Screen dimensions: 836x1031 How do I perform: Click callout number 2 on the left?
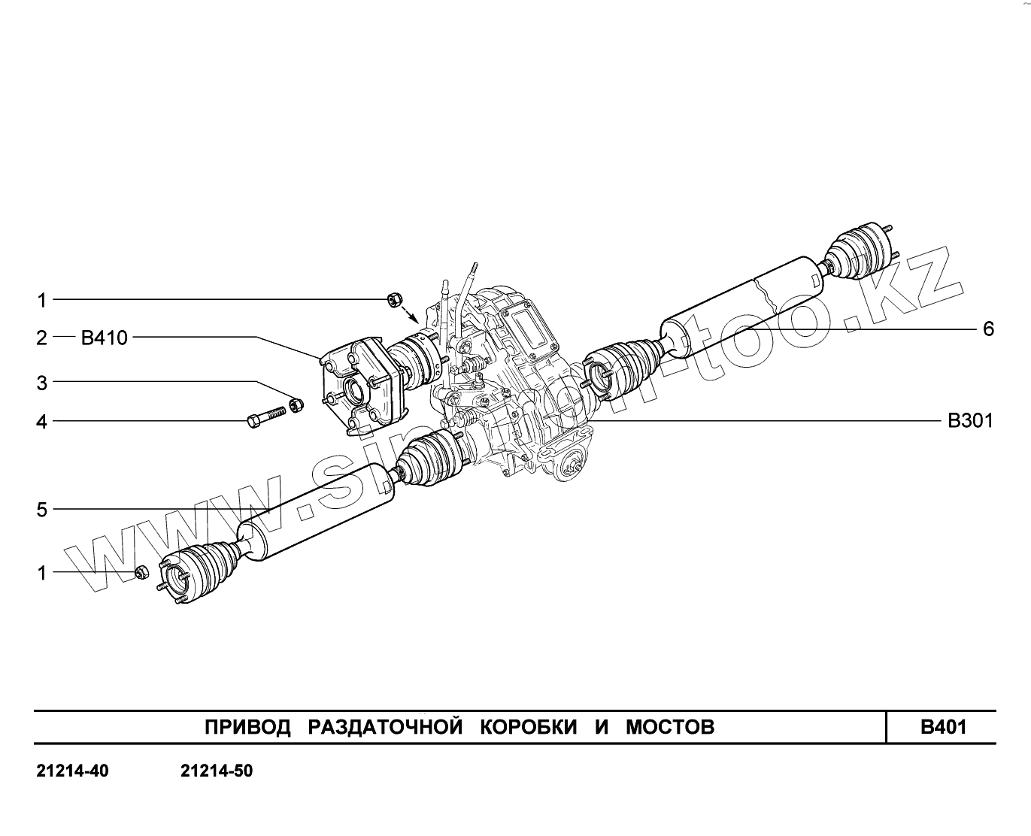pyautogui.click(x=42, y=338)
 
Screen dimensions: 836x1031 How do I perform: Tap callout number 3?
pyautogui.click(x=42, y=383)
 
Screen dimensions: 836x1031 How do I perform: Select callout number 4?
pyautogui.click(x=42, y=422)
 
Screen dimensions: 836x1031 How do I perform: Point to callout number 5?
pyautogui.click(x=42, y=510)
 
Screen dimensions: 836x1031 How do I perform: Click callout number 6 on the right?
pyautogui.click(x=988, y=329)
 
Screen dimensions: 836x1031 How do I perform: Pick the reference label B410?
pyautogui.click(x=104, y=338)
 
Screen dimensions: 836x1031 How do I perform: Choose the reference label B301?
pyautogui.click(x=970, y=421)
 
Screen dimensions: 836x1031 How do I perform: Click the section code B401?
pyautogui.click(x=943, y=727)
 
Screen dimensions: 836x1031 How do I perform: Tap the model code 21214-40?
pyautogui.click(x=72, y=771)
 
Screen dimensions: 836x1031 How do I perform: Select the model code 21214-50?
pyautogui.click(x=217, y=771)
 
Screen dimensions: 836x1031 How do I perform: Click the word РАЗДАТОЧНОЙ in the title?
pyautogui.click(x=384, y=727)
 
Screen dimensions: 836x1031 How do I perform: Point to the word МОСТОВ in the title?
pyautogui.click(x=670, y=727)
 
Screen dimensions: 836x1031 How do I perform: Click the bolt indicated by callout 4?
pyautogui.click(x=265, y=416)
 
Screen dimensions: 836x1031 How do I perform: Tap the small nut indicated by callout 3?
pyautogui.click(x=296, y=405)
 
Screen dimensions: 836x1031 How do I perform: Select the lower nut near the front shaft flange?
pyautogui.click(x=141, y=573)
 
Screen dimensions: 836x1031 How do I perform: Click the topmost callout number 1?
pyautogui.click(x=42, y=301)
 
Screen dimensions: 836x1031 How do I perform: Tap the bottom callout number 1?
pyautogui.click(x=42, y=573)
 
